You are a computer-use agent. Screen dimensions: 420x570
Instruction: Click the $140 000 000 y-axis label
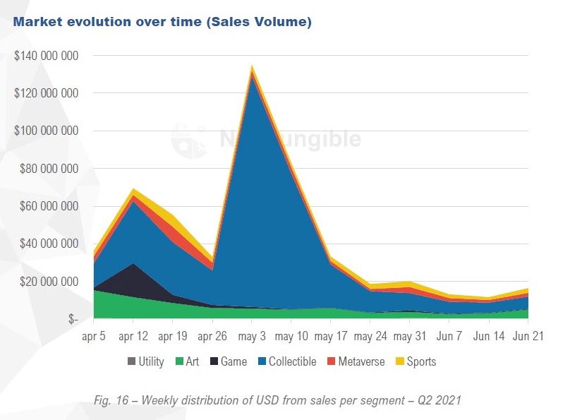tap(46, 55)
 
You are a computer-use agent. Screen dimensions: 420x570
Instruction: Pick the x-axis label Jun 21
tap(528, 336)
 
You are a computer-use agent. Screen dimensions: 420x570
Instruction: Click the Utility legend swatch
tap(132, 362)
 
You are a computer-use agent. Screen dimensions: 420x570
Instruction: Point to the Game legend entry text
tap(234, 362)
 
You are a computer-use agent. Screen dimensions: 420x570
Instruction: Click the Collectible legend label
tap(292, 362)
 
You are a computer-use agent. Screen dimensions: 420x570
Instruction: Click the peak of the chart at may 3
tap(251, 67)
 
